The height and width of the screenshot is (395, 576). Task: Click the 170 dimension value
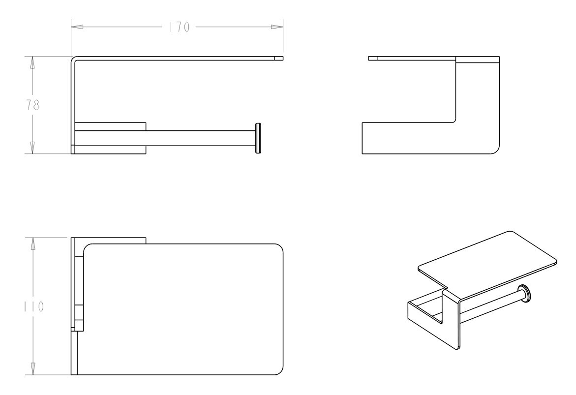(179, 27)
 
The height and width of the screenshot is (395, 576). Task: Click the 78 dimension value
(32, 105)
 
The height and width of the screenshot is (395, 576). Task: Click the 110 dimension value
(33, 306)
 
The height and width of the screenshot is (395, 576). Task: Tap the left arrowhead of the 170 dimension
(77, 27)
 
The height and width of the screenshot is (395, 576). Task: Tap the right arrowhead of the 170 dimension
(277, 27)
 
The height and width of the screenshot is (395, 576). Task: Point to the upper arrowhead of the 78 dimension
(32, 62)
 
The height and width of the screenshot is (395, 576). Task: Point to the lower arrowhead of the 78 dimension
(32, 148)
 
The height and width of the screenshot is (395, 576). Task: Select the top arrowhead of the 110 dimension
(32, 243)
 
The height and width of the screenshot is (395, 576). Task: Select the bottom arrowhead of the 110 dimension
(32, 369)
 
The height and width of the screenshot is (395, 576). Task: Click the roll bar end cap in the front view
(258, 138)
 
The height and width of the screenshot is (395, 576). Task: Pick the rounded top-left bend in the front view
(73, 59)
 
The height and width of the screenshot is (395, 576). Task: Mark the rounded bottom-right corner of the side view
(495, 150)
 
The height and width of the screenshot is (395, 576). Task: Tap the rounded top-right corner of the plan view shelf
(279, 248)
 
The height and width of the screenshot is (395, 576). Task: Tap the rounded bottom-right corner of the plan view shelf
(279, 370)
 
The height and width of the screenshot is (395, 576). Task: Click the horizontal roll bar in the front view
(201, 138)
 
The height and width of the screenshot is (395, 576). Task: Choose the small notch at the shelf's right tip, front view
(279, 58)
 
